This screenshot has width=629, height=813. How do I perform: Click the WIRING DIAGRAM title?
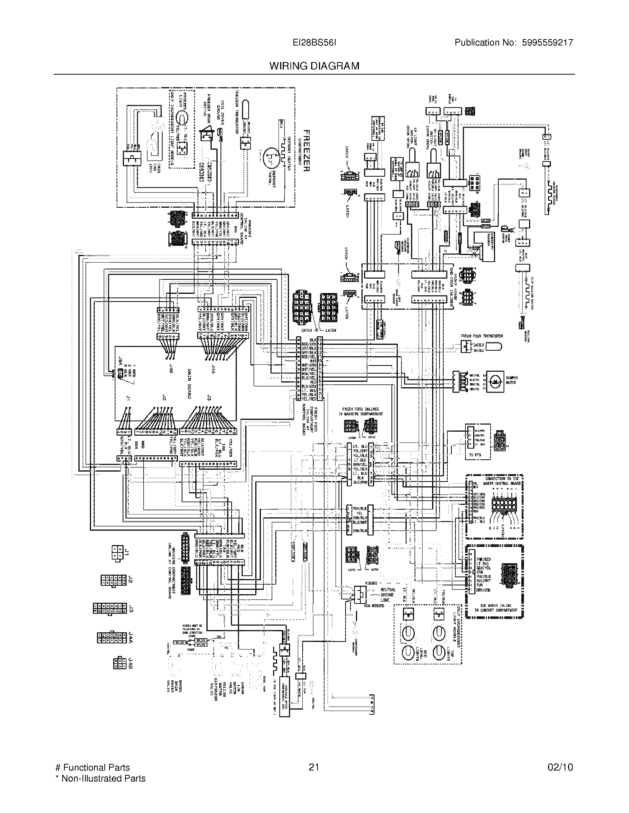314,66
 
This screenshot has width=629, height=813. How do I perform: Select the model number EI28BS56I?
314,42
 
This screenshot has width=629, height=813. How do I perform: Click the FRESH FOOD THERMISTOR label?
482,336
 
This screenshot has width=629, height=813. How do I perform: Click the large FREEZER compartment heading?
306,151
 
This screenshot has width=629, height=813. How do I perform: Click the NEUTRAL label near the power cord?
387,590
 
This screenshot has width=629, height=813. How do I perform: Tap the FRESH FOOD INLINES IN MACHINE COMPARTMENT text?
360,411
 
